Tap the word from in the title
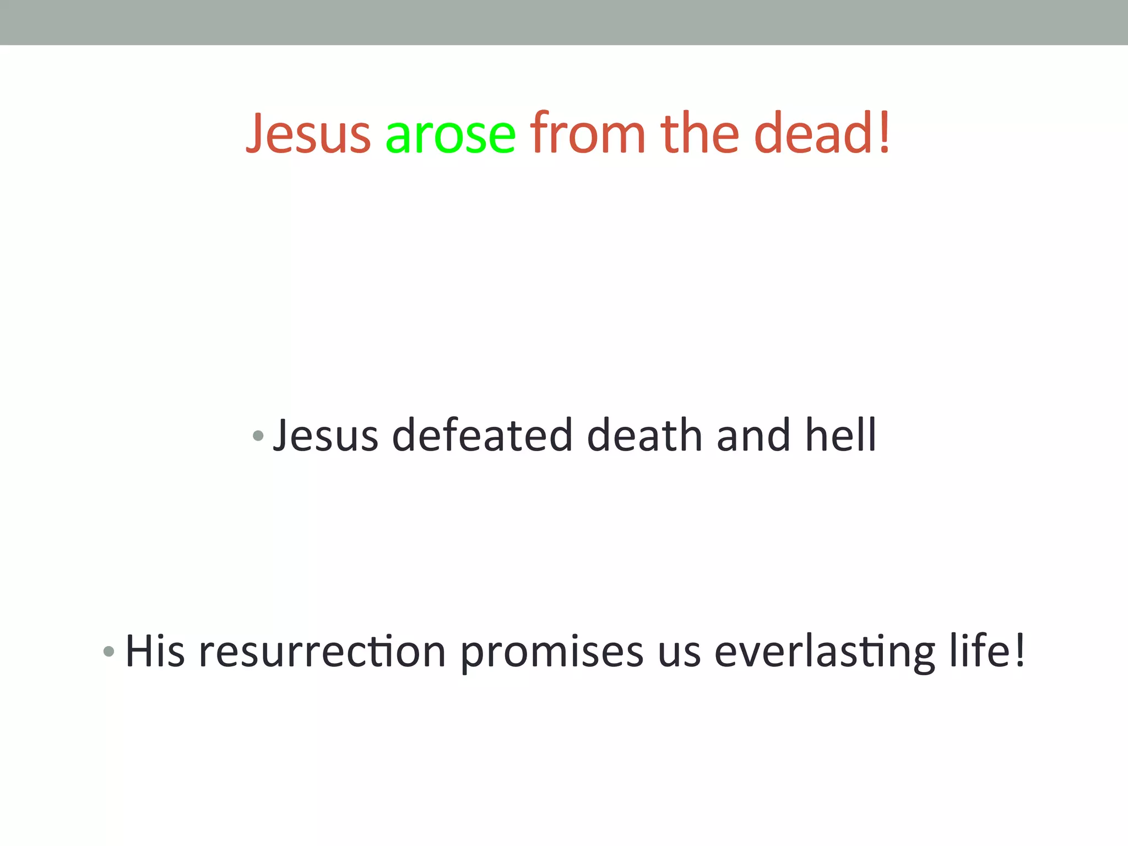click(588, 133)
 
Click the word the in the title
click(699, 133)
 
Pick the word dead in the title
click(816, 133)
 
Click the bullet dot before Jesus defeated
click(258, 436)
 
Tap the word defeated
click(482, 435)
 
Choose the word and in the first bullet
click(753, 435)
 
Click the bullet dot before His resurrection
click(109, 652)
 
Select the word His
click(155, 651)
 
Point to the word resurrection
click(322, 652)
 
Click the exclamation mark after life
click(1019, 651)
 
